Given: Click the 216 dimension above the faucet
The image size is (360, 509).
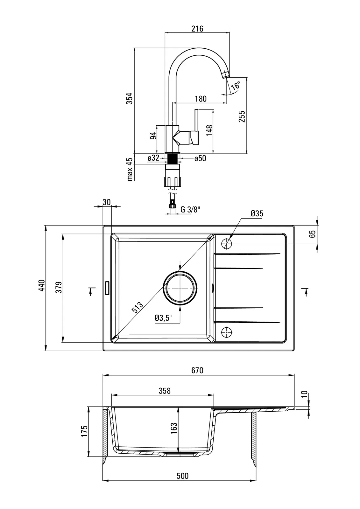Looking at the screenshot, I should pos(197,29).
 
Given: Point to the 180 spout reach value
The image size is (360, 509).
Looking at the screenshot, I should pos(200,99).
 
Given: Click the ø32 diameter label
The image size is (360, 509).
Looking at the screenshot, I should pos(153,158).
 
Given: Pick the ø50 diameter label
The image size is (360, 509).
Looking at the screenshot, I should pos(200,158).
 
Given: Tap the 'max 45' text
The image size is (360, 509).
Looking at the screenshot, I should pos(129,169).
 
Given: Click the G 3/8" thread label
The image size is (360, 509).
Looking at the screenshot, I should pos(190,209).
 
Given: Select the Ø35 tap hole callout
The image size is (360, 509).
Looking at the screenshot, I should pos(257,213).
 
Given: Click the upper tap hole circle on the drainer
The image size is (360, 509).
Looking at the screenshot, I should pos(227,244).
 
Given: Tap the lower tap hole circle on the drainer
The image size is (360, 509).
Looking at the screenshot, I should pos(227,332).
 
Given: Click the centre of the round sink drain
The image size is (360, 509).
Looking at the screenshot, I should pos(180,287).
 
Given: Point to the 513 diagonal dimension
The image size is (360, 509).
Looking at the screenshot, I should pos(137,308).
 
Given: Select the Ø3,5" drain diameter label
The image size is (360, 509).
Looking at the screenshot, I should pos(163,318).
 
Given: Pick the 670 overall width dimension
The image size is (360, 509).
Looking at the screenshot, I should pos(197,371).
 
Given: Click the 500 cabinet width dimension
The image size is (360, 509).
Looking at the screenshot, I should pos(182,476).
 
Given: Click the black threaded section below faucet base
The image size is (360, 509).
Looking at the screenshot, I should pos(173,158).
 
